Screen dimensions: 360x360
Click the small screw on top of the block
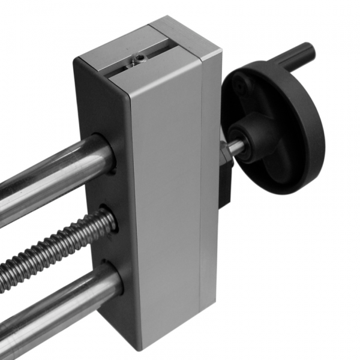click(x=139, y=59)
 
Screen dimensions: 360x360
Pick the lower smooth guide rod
click(x=54, y=306)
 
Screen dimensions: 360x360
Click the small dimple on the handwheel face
click(x=241, y=88)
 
